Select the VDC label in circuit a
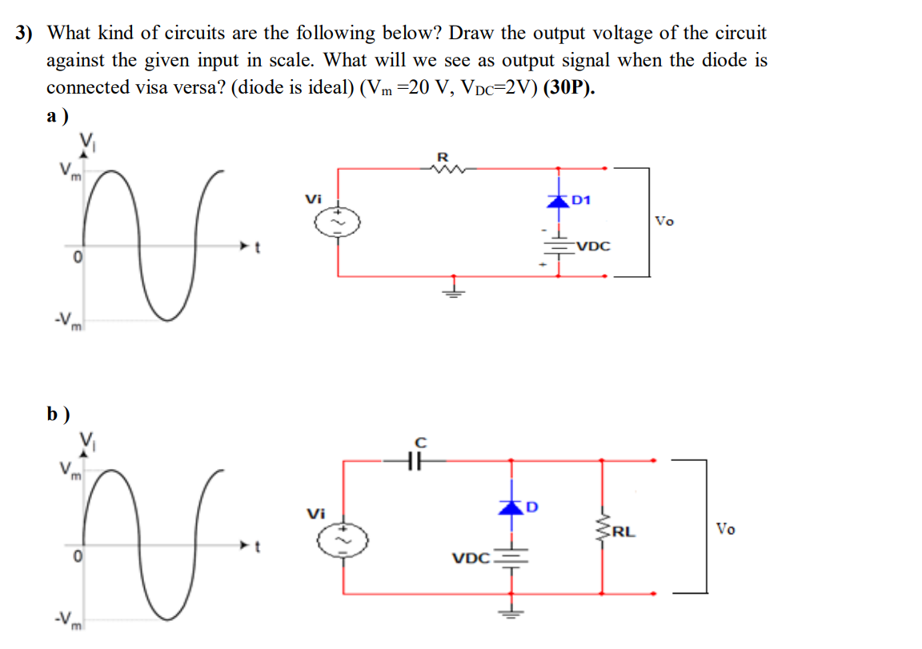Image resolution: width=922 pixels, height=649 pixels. click(592, 246)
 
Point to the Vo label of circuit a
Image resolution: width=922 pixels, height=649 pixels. click(664, 220)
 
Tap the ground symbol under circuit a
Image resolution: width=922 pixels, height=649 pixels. click(453, 288)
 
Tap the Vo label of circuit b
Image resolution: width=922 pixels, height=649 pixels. click(725, 528)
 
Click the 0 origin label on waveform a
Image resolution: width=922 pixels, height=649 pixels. click(76, 258)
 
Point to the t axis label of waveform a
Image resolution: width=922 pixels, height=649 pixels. click(256, 248)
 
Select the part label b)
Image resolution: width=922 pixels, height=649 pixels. click(58, 414)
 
